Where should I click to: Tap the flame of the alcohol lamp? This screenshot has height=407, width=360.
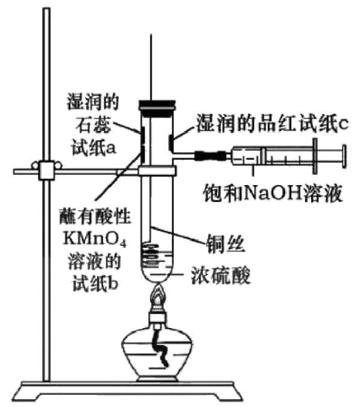click(157, 295)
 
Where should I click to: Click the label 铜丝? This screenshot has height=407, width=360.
click(226, 244)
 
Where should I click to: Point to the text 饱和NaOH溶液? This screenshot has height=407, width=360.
click(273, 193)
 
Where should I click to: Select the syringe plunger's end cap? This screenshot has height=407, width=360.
click(344, 157)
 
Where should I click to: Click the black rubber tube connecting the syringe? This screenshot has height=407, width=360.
click(210, 156)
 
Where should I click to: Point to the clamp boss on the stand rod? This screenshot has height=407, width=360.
click(46, 170)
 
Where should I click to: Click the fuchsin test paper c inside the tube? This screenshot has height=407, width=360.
click(171, 142)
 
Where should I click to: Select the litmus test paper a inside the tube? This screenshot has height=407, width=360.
click(142, 134)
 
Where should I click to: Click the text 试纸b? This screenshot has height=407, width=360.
click(95, 283)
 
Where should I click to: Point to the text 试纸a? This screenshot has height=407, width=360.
click(93, 148)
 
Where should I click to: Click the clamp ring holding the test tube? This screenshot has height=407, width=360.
click(157, 171)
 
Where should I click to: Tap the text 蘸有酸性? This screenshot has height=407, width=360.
click(95, 216)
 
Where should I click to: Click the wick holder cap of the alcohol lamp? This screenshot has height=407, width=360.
click(157, 317)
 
